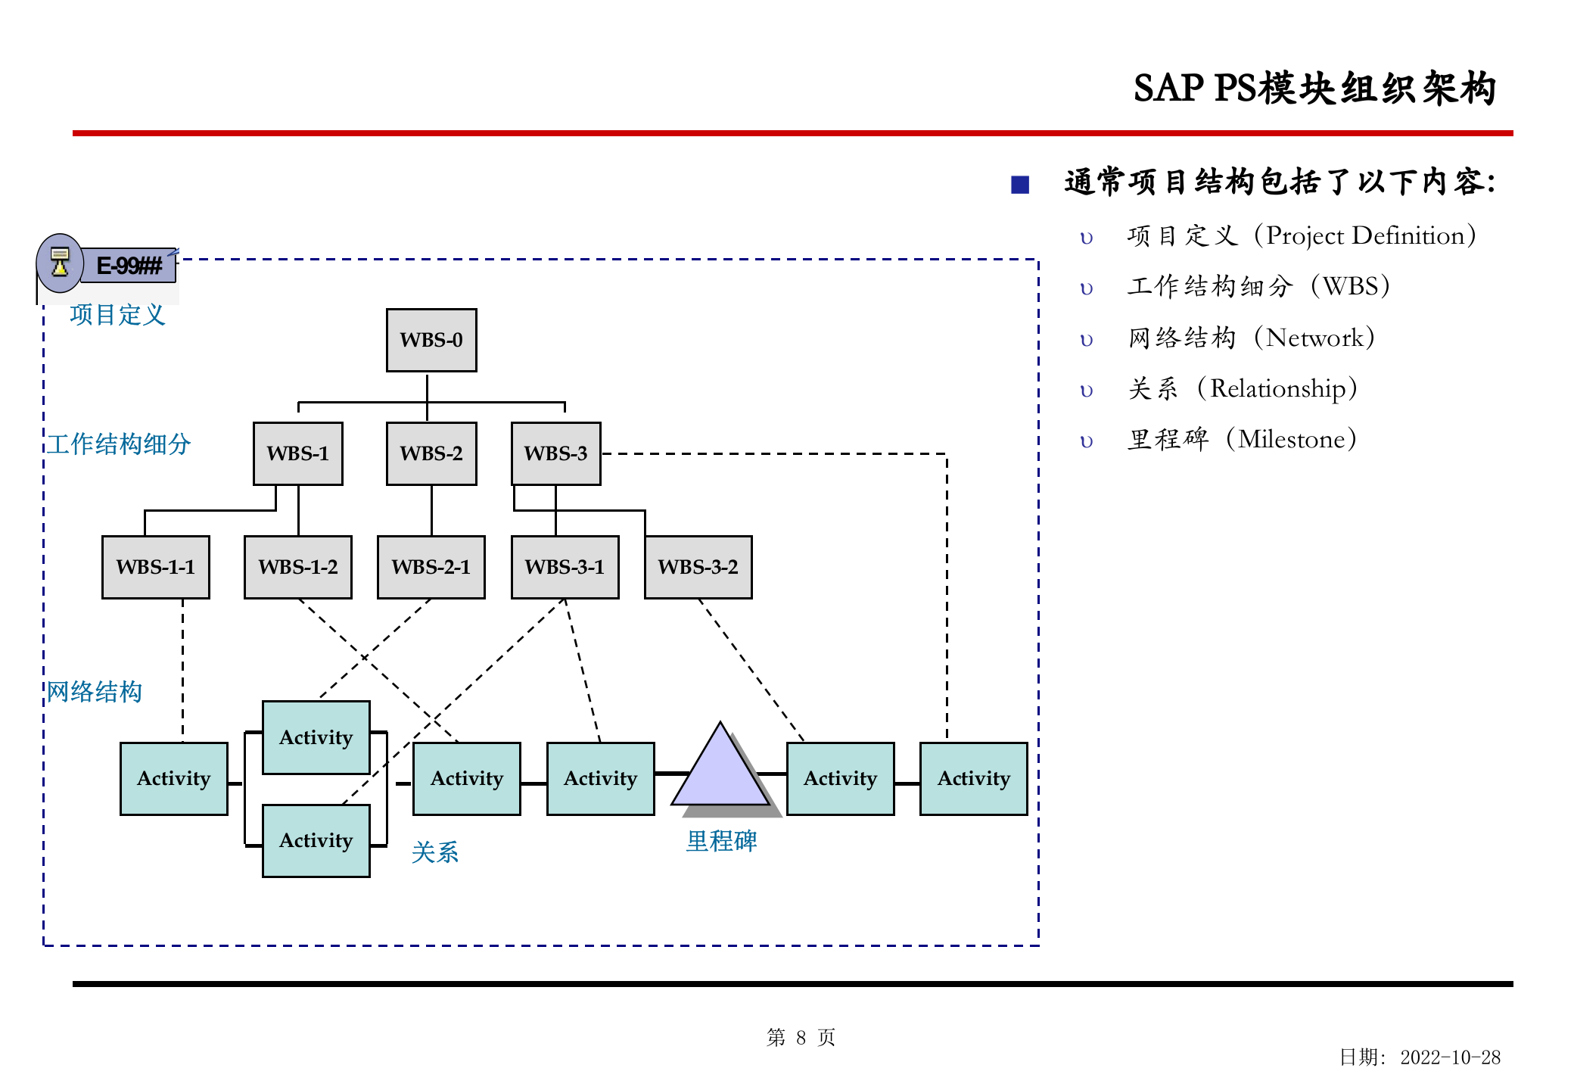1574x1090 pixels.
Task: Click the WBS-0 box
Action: pyautogui.click(x=431, y=340)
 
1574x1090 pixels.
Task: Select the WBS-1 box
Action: pyautogui.click(x=298, y=453)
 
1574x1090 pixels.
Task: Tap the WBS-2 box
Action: pyautogui.click(x=431, y=453)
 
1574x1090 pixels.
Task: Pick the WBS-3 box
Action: pyautogui.click(x=555, y=453)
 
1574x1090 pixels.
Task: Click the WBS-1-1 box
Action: pyautogui.click(x=156, y=567)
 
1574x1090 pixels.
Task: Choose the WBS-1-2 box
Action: pyautogui.click(x=298, y=567)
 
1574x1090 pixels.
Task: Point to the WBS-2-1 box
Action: pyautogui.click(x=431, y=567)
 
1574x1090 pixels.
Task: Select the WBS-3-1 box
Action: pyautogui.click(x=565, y=567)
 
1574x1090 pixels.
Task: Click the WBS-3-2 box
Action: pyautogui.click(x=698, y=567)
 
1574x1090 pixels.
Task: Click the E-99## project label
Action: pyautogui.click(x=129, y=266)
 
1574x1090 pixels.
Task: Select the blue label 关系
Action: pyautogui.click(x=435, y=852)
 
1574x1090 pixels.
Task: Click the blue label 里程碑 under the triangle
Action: pyautogui.click(x=721, y=841)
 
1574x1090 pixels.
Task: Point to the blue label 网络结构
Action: pyautogui.click(x=95, y=691)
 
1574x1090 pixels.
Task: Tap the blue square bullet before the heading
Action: pyautogui.click(x=1020, y=184)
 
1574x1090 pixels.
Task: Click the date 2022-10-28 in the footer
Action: pyautogui.click(x=1450, y=1057)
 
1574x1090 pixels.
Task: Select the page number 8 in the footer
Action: pyautogui.click(x=801, y=1038)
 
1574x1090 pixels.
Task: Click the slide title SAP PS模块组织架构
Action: pyautogui.click(x=1314, y=88)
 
